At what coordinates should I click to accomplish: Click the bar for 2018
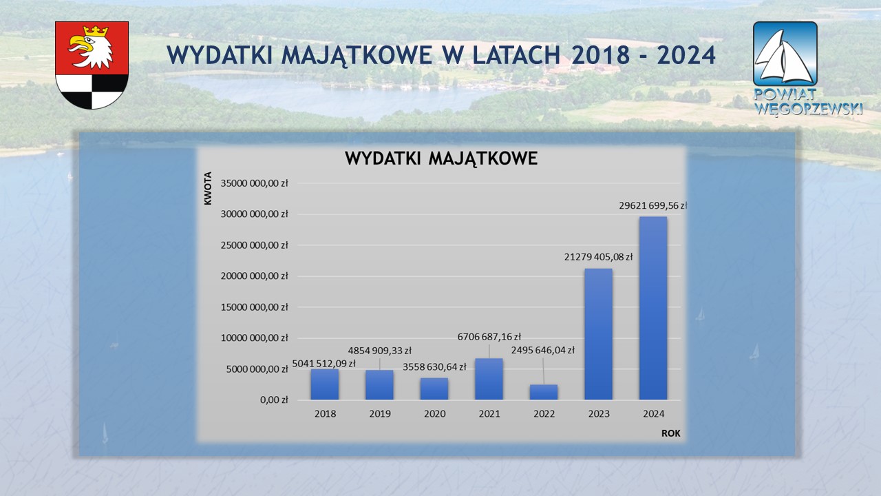click(x=324, y=384)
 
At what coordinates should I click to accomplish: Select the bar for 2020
click(x=434, y=389)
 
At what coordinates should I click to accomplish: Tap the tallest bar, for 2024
click(x=653, y=308)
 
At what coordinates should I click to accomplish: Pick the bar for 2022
click(x=544, y=392)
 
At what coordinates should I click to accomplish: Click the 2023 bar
click(x=598, y=334)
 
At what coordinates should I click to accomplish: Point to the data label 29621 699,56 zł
click(x=653, y=205)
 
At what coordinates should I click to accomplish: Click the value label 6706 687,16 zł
click(x=489, y=337)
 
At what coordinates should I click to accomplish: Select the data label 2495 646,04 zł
click(x=543, y=350)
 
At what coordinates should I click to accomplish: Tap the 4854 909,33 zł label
click(x=379, y=351)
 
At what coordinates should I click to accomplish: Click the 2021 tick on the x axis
click(x=489, y=414)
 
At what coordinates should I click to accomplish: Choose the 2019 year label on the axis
click(x=380, y=414)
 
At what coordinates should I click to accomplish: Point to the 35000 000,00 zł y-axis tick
click(x=254, y=183)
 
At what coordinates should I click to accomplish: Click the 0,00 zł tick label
click(x=274, y=400)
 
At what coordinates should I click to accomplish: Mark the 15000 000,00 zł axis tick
click(x=254, y=307)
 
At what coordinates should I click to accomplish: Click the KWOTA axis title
click(x=208, y=188)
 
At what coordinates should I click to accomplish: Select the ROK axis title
click(x=670, y=433)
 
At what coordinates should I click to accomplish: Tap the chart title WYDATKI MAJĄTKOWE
click(x=441, y=158)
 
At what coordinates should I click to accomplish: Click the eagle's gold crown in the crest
click(x=96, y=32)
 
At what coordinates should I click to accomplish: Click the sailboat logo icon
click(x=785, y=54)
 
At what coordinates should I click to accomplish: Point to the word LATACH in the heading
click(x=516, y=55)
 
